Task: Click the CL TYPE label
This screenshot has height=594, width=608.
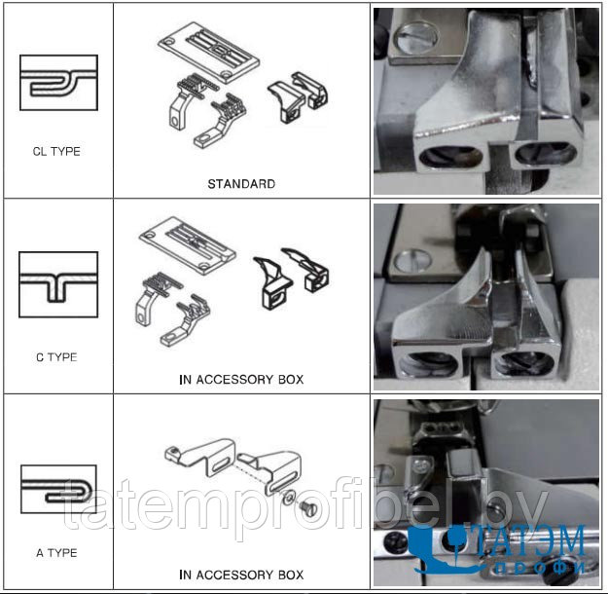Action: coord(56,151)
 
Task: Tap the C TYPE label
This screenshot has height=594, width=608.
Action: coord(56,357)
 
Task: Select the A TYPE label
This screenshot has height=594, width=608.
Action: coord(56,552)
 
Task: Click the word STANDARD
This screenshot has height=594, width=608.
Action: coord(241,184)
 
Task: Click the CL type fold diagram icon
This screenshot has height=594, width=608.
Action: coord(58,83)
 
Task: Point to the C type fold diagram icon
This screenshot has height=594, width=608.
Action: coord(58,284)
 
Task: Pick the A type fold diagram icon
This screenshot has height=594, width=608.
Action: coord(58,489)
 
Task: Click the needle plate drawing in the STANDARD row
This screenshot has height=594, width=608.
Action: coord(208,53)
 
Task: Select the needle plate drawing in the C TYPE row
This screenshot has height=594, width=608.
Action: coord(188,245)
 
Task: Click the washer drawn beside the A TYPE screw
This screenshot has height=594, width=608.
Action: coord(289,497)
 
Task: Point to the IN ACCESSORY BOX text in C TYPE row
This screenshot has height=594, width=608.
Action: coord(241,380)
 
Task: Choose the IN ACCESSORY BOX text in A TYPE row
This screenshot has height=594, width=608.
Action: coord(241,575)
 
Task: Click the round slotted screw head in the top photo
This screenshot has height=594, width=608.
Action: coord(415,37)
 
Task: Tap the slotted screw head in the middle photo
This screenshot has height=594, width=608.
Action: coord(411,261)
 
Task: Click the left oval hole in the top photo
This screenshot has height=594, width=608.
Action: coord(450,157)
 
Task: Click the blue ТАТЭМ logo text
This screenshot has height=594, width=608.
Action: coord(527,540)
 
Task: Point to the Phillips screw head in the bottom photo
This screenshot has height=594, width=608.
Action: coord(394,540)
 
